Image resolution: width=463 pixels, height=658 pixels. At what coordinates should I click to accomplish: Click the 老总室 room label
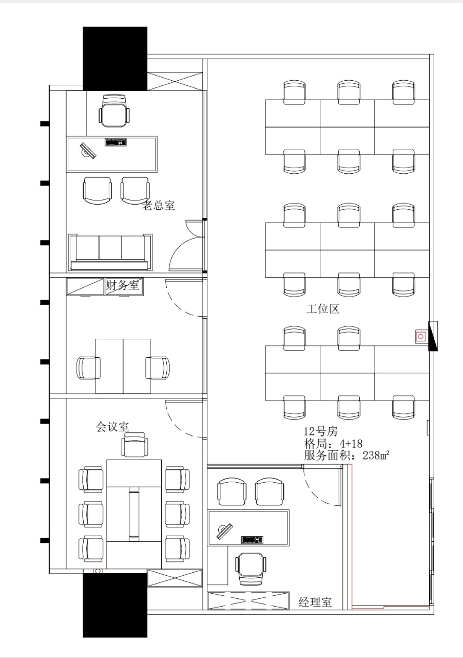pyautogui.click(x=159, y=205)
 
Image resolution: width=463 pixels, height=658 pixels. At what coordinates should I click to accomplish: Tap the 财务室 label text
pyautogui.click(x=123, y=285)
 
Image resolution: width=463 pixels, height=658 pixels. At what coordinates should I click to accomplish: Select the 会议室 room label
pyautogui.click(x=112, y=427)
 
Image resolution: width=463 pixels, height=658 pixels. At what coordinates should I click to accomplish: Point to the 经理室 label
pyautogui.click(x=315, y=602)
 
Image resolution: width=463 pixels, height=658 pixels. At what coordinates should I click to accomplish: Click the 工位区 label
pyautogui.click(x=323, y=309)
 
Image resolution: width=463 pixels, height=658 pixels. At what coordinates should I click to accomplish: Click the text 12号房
pyautogui.click(x=321, y=431)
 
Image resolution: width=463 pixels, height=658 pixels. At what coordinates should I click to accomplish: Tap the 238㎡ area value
pyautogui.click(x=376, y=455)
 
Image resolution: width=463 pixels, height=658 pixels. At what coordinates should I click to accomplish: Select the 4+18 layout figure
pyautogui.click(x=351, y=443)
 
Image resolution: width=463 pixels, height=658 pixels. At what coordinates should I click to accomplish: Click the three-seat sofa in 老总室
pyautogui.click(x=110, y=252)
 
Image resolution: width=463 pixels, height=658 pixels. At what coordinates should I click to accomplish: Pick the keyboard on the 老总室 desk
pyautogui.click(x=116, y=142)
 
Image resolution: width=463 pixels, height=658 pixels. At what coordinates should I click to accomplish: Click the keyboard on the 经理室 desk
pyautogui.click(x=253, y=540)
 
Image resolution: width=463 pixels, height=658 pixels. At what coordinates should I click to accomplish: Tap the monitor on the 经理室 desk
pyautogui.click(x=225, y=531)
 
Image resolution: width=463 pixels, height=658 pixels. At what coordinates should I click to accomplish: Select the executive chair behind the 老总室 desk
pyautogui.click(x=114, y=111)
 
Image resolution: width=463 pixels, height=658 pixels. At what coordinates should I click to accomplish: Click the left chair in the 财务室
pyautogui.click(x=88, y=368)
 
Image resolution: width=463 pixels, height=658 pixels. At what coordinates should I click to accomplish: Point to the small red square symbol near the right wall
pyautogui.click(x=421, y=336)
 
